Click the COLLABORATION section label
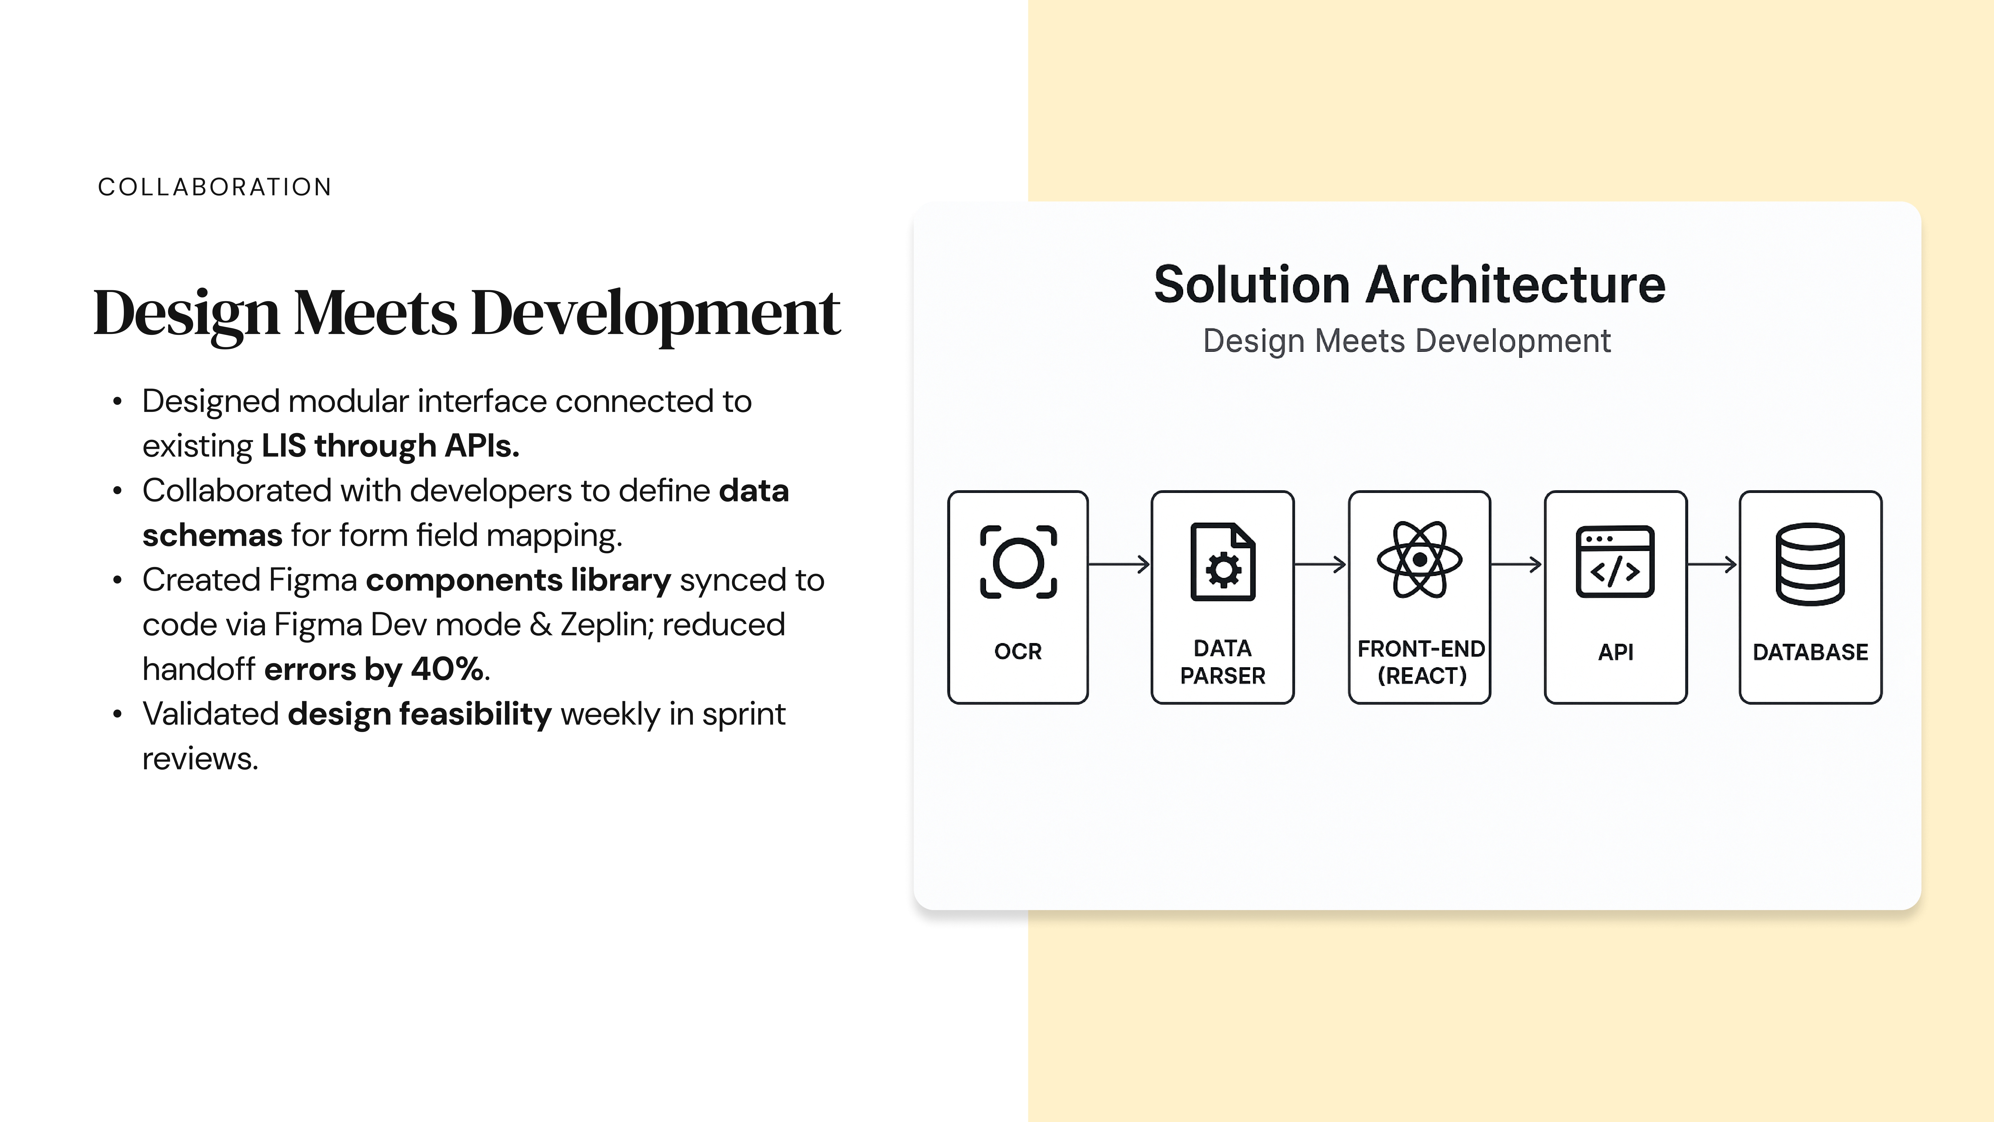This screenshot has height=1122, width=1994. pos(214,187)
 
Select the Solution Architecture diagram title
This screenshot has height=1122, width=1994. pos(1409,285)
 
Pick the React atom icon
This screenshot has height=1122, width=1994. pos(1420,559)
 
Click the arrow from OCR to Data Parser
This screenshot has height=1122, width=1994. pos(1119,564)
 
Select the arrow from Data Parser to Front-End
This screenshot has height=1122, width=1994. pos(1321,564)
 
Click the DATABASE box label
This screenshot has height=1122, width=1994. pos(1811,652)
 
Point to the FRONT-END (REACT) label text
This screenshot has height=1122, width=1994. pos(1421,662)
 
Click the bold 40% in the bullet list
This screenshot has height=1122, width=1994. pos(447,669)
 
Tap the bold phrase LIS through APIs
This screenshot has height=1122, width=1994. pos(390,446)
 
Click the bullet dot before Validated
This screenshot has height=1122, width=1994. pos(118,714)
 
